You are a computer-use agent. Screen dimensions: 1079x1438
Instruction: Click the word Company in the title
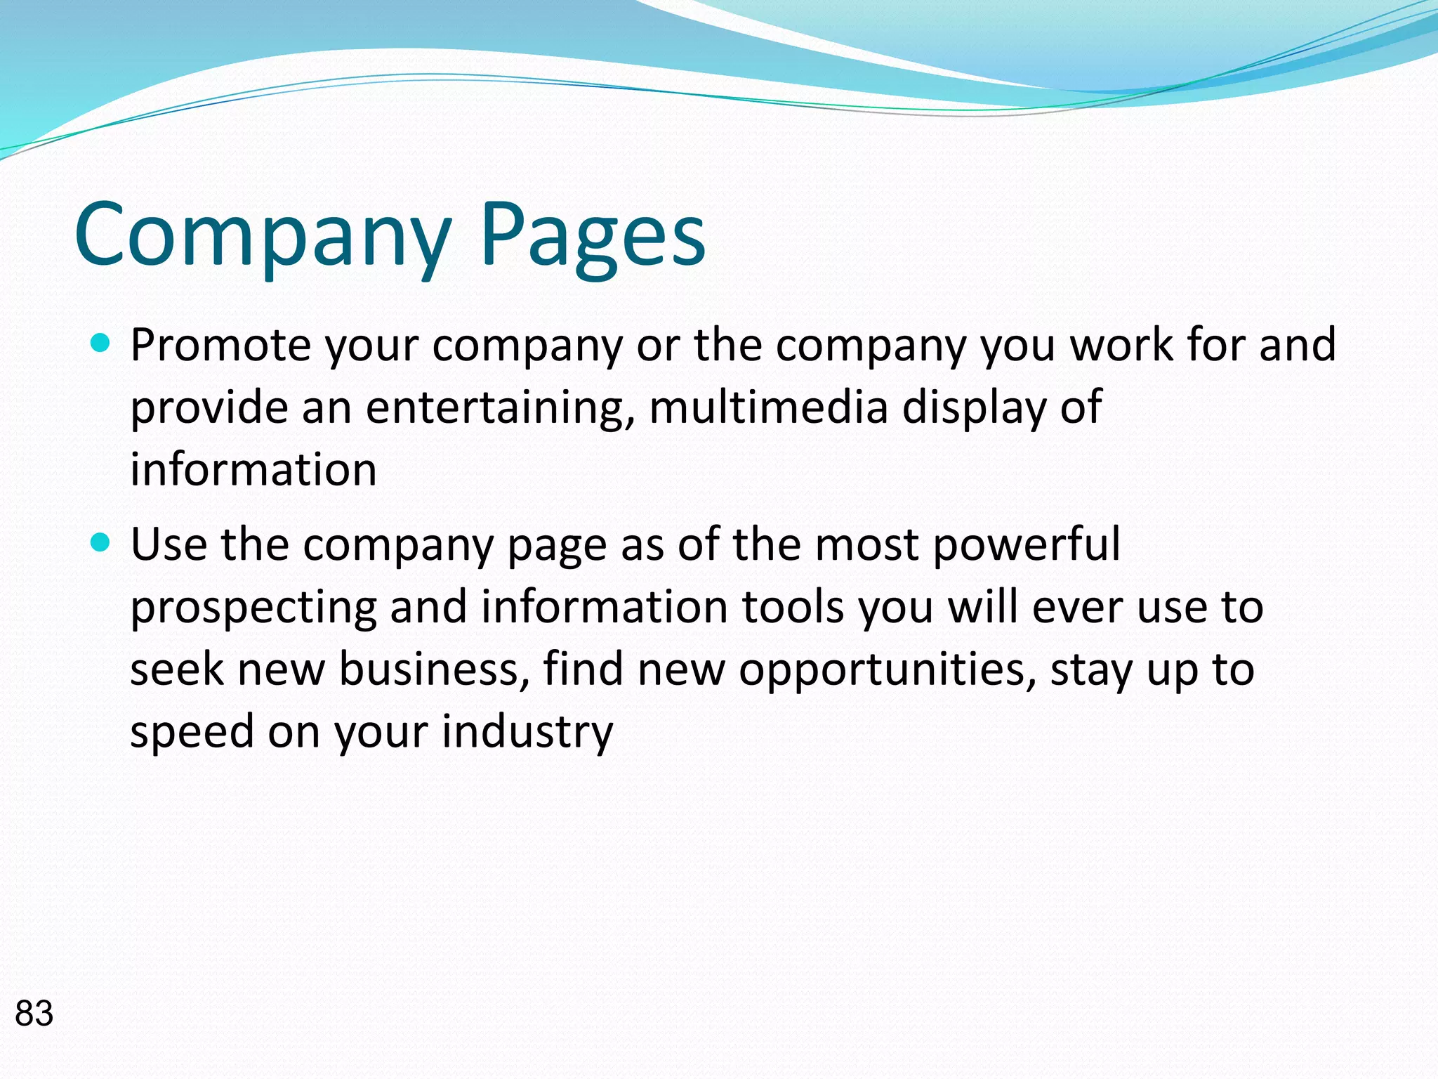[263, 235]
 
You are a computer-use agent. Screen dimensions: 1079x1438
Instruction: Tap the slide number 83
[34, 1014]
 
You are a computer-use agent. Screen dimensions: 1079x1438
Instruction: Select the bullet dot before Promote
[101, 344]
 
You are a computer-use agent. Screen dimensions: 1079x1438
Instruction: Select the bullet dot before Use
[101, 543]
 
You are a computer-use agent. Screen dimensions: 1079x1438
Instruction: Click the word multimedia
[768, 407]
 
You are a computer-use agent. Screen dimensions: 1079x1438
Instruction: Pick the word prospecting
[253, 608]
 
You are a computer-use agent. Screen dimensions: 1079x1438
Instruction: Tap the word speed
[192, 731]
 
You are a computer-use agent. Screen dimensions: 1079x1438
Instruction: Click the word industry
[527, 731]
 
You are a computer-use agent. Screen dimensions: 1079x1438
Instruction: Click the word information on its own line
[253, 469]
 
